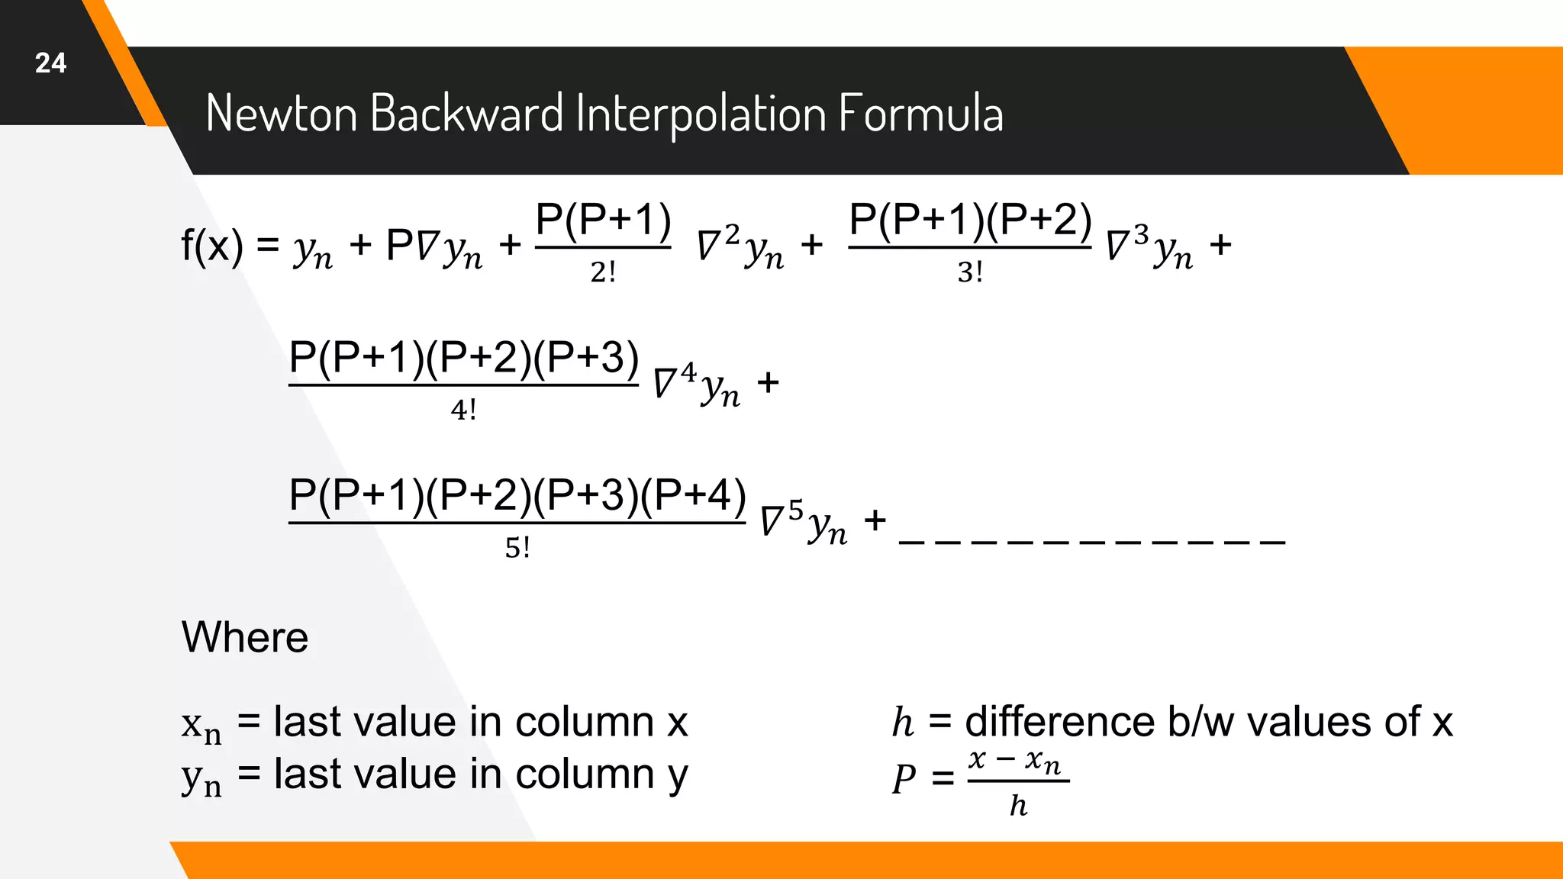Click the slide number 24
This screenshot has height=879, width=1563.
[50, 63]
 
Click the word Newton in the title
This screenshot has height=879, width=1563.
[282, 113]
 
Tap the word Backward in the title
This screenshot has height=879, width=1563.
[467, 113]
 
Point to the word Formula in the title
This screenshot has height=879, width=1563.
[921, 113]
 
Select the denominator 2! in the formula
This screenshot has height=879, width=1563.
[603, 272]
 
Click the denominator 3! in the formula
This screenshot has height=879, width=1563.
[970, 272]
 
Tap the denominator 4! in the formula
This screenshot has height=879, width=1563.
[463, 411]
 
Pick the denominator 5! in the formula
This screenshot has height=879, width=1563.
[517, 548]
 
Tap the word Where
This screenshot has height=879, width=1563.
[245, 637]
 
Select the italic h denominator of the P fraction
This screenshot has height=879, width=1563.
[1018, 806]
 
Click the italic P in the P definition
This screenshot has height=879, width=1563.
[904, 779]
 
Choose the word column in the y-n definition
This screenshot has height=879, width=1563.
[585, 774]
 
